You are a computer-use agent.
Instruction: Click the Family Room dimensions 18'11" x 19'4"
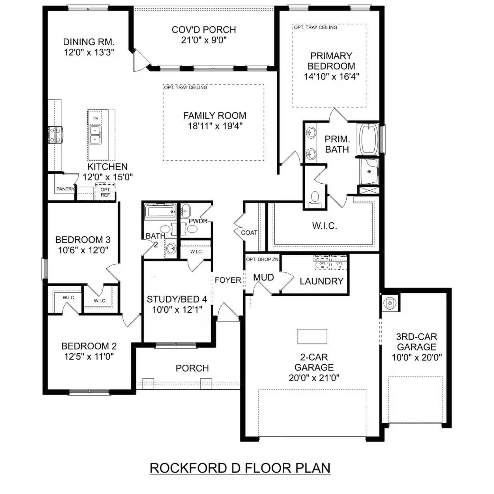[215, 126]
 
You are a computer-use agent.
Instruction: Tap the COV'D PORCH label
[204, 30]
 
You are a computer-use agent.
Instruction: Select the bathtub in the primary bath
[369, 139]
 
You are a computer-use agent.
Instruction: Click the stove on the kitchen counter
[55, 135]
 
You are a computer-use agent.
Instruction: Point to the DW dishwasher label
[96, 118]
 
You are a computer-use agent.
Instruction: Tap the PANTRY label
[65, 189]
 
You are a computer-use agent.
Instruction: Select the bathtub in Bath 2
[160, 212]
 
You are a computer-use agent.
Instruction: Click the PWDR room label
[198, 221]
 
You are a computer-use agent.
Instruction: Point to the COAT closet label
[249, 233]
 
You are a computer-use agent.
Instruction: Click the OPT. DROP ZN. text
[262, 260]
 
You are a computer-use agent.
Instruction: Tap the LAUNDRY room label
[321, 281]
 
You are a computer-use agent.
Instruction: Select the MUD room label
[263, 278]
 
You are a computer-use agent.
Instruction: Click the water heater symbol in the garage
[389, 303]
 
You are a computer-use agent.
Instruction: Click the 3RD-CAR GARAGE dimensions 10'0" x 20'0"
[416, 357]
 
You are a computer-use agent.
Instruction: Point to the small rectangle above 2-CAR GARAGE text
[312, 336]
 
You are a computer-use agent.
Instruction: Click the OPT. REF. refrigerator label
[105, 192]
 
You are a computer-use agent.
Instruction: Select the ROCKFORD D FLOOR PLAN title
[240, 468]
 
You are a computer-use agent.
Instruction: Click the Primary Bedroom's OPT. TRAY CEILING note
[316, 28]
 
